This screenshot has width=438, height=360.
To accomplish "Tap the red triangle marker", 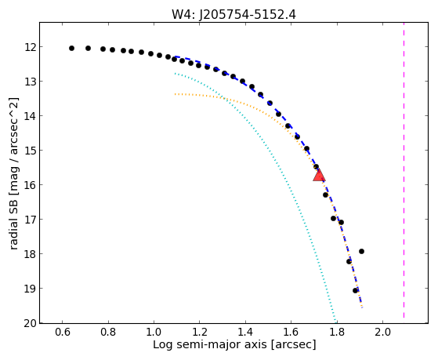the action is pyautogui.click(x=319, y=176).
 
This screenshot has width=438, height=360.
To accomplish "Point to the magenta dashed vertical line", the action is pyautogui.click(x=404, y=170).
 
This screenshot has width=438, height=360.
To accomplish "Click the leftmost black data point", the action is pyautogui.click(x=71, y=48).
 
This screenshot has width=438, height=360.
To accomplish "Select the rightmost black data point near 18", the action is pyautogui.click(x=361, y=251).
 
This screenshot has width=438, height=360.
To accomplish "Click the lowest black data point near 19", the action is pyautogui.click(x=355, y=291).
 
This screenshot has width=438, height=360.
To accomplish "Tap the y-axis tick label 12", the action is pyautogui.click(x=30, y=47).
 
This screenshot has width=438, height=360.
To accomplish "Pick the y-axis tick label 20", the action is pyautogui.click(x=30, y=323).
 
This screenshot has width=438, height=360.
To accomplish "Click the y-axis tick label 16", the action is pyautogui.click(x=30, y=185).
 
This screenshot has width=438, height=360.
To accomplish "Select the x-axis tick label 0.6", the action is pyautogui.click(x=63, y=333).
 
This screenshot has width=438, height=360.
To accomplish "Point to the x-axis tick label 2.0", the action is pyautogui.click(x=382, y=333).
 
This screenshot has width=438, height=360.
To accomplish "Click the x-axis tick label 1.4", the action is pyautogui.click(x=245, y=333).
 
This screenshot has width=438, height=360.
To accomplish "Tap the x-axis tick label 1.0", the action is pyautogui.click(x=154, y=333).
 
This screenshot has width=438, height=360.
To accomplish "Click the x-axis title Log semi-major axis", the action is pyautogui.click(x=210, y=344).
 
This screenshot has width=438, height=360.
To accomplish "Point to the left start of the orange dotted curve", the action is pyautogui.click(x=175, y=94).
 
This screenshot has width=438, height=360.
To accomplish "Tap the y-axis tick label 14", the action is pyautogui.click(x=30, y=116).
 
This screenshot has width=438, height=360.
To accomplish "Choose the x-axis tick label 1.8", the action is pyautogui.click(x=337, y=333).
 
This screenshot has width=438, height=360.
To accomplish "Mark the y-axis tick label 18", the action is pyautogui.click(x=30, y=254).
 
